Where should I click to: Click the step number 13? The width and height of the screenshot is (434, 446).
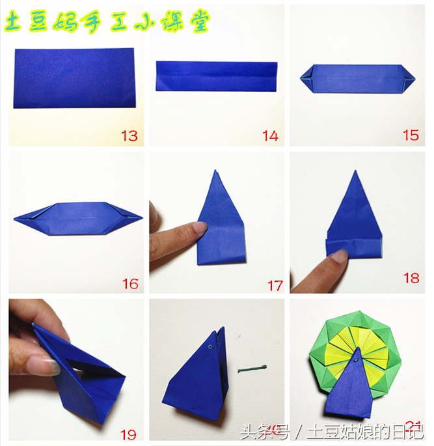click(x=129, y=135)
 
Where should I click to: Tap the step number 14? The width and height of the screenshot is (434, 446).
click(x=270, y=135)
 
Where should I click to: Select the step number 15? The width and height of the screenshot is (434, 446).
click(x=411, y=135)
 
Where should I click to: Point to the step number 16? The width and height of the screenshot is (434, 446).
click(x=129, y=283)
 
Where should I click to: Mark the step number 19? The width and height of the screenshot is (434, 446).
click(x=128, y=432)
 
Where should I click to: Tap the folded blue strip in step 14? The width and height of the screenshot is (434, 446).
click(x=217, y=76)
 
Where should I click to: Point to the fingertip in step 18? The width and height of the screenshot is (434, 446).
click(x=339, y=257)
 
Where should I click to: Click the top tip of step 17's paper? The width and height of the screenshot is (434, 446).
click(x=215, y=173)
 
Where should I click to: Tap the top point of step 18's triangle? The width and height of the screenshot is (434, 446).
click(x=355, y=173)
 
